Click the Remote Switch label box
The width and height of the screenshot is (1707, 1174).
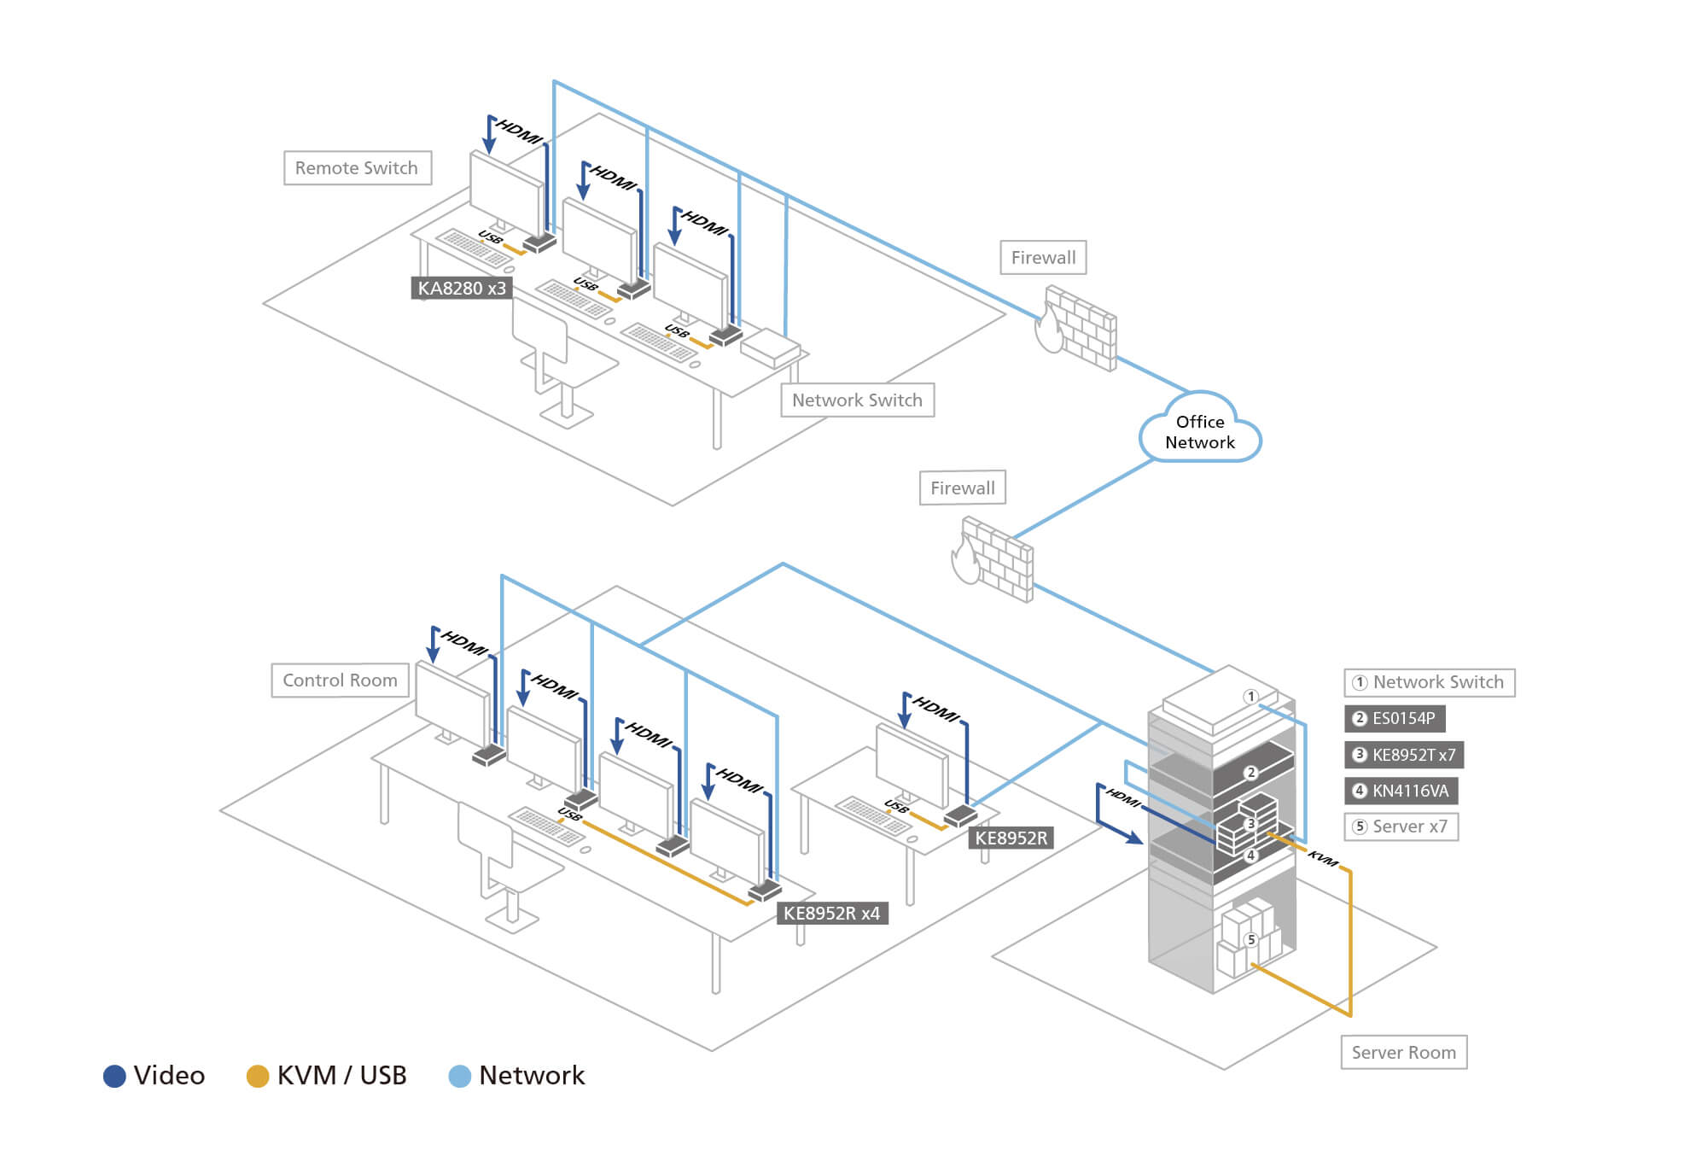point(357,168)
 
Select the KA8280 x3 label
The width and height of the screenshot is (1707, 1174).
point(461,289)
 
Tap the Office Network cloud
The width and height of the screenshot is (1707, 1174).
point(1199,431)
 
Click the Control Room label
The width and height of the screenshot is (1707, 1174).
point(340,680)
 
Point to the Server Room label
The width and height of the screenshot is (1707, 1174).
point(1403,1052)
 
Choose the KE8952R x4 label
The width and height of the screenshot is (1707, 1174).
point(831,914)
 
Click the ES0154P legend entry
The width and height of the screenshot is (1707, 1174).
point(1395,718)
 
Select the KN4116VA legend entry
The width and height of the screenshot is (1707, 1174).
point(1401,791)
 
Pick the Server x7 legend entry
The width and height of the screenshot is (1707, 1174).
point(1401,826)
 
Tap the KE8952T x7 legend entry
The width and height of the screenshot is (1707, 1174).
point(1405,755)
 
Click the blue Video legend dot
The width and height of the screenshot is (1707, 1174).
point(114,1076)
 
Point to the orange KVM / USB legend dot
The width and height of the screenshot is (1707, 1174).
point(257,1076)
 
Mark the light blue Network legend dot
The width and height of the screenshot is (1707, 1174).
point(459,1076)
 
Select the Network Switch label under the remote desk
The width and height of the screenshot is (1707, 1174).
point(857,400)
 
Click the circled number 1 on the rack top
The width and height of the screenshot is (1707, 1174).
point(1250,697)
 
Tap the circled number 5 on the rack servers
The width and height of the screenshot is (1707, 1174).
point(1250,939)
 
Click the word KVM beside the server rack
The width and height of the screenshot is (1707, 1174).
point(1322,858)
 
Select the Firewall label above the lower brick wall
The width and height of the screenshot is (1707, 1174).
point(962,488)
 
